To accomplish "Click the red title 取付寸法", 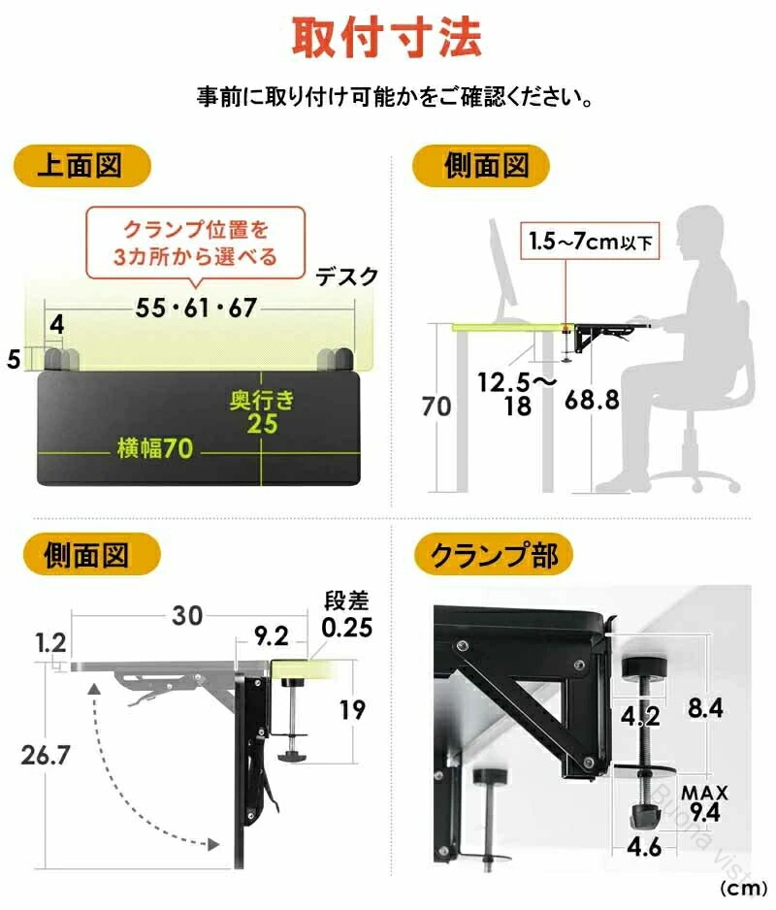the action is tap(387, 38).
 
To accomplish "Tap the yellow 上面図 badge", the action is tap(81, 166).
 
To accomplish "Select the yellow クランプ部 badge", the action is tap(494, 555).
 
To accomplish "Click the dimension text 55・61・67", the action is tap(196, 308).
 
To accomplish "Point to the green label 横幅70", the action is tap(155, 448).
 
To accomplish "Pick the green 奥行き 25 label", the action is tap(262, 412).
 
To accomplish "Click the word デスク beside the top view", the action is tap(347, 276).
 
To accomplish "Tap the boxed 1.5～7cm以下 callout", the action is tap(590, 241).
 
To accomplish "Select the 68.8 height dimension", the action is tap(592, 400).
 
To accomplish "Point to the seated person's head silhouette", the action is tap(704, 234).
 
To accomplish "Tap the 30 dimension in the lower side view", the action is tap(187, 616).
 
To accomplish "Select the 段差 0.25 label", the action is tap(346, 615).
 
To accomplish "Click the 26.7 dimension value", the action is tap(46, 756).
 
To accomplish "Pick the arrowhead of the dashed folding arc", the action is tap(214, 844).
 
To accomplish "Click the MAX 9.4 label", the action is tap(704, 803).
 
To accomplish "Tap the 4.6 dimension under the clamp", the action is tap(644, 848).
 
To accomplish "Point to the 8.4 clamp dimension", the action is tap(705, 708).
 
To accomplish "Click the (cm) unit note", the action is tap(743, 889).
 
